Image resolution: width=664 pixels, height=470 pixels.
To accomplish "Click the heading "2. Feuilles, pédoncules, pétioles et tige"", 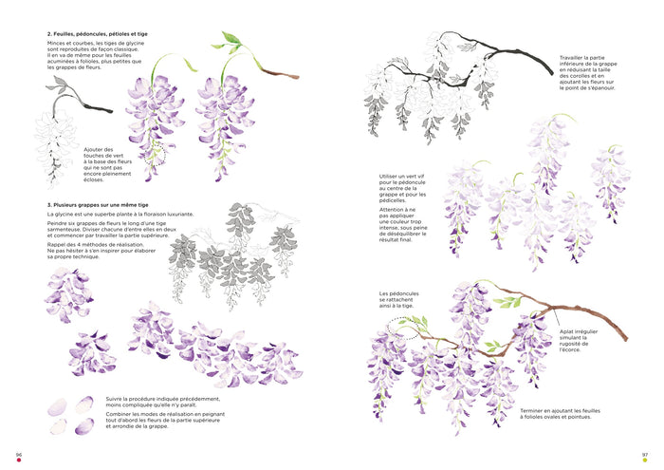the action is tap(98, 34).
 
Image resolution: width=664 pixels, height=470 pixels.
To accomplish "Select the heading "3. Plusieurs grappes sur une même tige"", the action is tap(98, 205).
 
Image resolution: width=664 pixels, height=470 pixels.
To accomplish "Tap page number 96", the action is tap(19, 454).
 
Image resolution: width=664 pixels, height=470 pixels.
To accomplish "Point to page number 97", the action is tap(645, 454).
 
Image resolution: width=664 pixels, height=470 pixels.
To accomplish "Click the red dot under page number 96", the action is tap(19, 460).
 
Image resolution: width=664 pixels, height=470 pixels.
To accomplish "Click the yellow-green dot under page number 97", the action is tap(645, 460).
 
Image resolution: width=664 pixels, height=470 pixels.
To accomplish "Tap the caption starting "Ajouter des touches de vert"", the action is tap(107, 164).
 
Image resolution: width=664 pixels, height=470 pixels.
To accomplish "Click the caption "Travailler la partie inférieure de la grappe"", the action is tap(588, 73).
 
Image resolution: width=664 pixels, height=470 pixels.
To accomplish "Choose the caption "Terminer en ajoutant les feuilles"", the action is tap(560, 414).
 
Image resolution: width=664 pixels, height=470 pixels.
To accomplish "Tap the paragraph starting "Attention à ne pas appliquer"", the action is tap(403, 225).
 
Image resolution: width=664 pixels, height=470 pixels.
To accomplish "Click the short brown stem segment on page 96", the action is tap(280, 73).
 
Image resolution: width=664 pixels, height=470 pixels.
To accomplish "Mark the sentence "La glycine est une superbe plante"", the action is tap(120, 215).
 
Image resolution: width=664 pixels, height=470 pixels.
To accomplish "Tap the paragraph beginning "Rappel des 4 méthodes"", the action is tap(101, 251).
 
